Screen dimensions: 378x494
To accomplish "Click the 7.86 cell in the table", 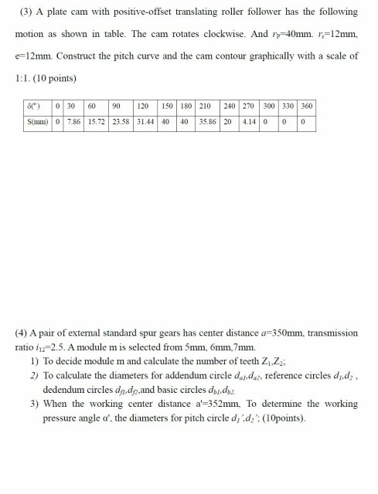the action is click(x=73, y=123).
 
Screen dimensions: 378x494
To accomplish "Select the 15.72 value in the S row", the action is click(x=97, y=123).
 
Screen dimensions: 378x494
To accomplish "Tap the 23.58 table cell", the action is click(x=120, y=123).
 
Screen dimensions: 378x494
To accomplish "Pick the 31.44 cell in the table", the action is click(x=144, y=123).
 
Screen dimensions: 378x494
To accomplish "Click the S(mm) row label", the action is click(x=36, y=123).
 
